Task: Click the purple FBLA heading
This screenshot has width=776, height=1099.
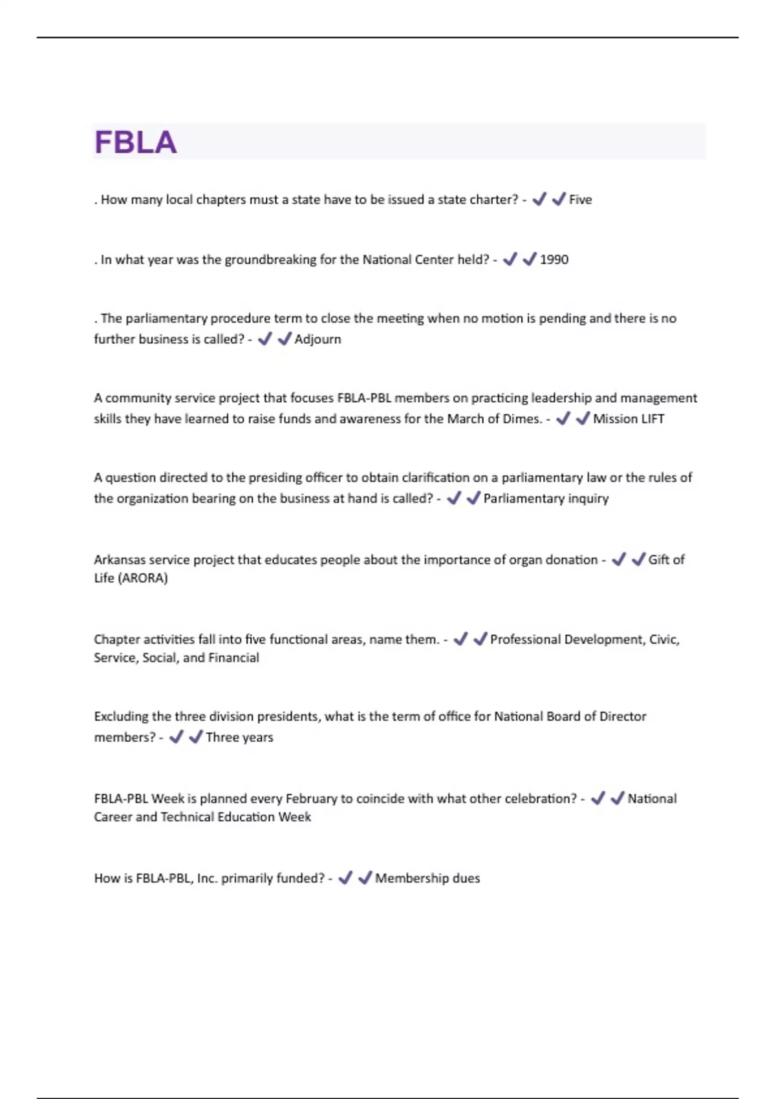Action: click(135, 142)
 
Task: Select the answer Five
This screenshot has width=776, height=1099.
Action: click(580, 200)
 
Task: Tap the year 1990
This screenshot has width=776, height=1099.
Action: click(554, 260)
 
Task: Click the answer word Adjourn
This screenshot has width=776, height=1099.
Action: click(318, 339)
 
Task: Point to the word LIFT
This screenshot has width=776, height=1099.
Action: click(651, 419)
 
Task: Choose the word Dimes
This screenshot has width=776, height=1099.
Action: click(522, 419)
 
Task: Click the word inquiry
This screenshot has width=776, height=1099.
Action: click(588, 498)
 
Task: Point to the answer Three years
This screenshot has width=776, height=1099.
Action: click(239, 738)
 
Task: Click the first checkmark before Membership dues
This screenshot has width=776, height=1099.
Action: click(345, 878)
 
